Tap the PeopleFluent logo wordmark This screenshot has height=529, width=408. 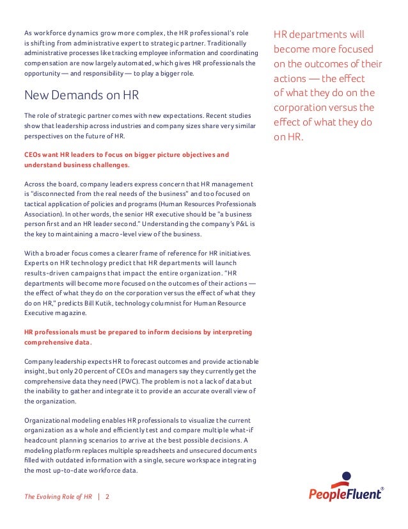coord(346,494)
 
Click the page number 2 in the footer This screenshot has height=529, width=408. coord(107,496)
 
